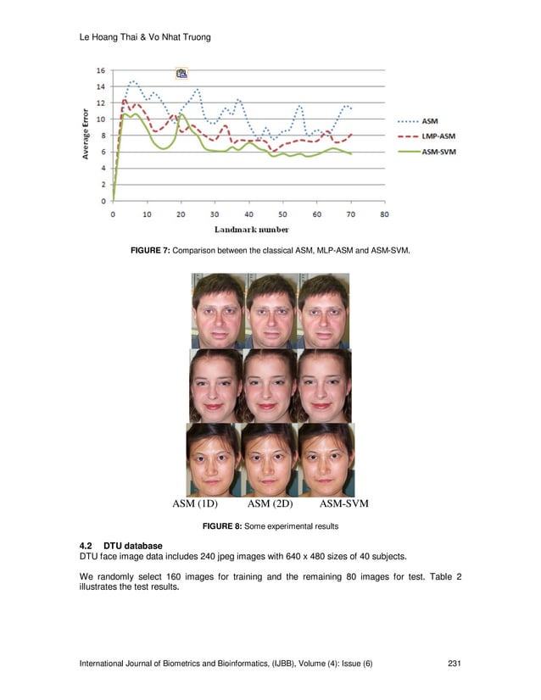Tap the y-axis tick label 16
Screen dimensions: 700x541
pyautogui.click(x=102, y=70)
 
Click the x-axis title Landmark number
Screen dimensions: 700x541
pyautogui.click(x=251, y=229)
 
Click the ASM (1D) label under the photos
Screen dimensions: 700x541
pyautogui.click(x=195, y=505)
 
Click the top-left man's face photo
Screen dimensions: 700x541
pyautogui.click(x=218, y=310)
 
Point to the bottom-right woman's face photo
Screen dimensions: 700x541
pyautogui.click(x=326, y=460)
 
